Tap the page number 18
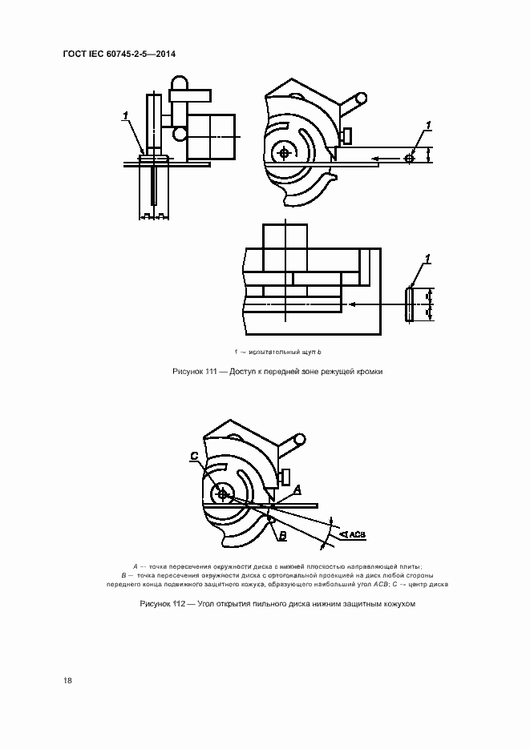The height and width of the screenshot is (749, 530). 68,680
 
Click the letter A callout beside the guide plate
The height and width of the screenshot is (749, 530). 297,488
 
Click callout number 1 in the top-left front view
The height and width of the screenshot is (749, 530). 126,118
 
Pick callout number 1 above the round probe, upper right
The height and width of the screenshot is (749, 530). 429,125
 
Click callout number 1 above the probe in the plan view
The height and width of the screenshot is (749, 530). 428,258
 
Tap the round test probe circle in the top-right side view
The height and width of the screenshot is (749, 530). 410,159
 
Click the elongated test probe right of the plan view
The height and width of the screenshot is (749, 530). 411,305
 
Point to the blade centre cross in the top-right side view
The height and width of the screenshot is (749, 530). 284,152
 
